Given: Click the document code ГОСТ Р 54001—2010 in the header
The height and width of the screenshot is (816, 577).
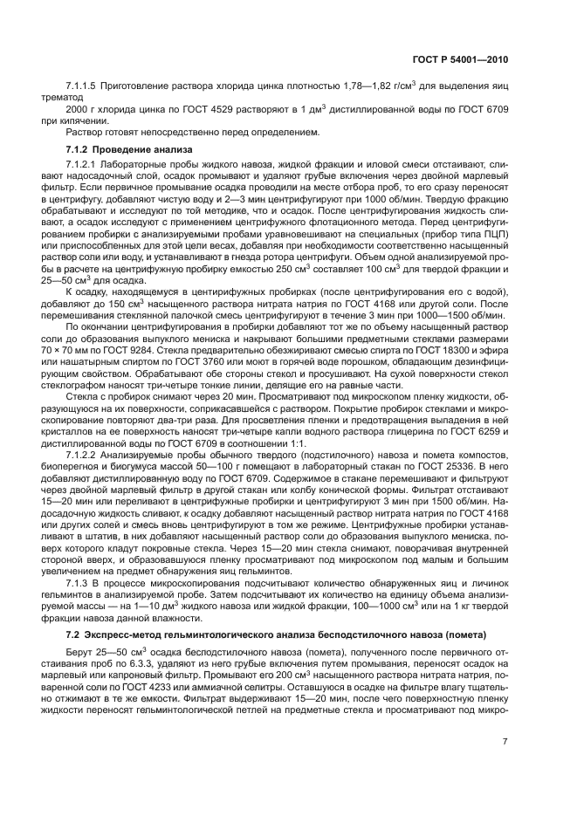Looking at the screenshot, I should coord(460,58).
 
